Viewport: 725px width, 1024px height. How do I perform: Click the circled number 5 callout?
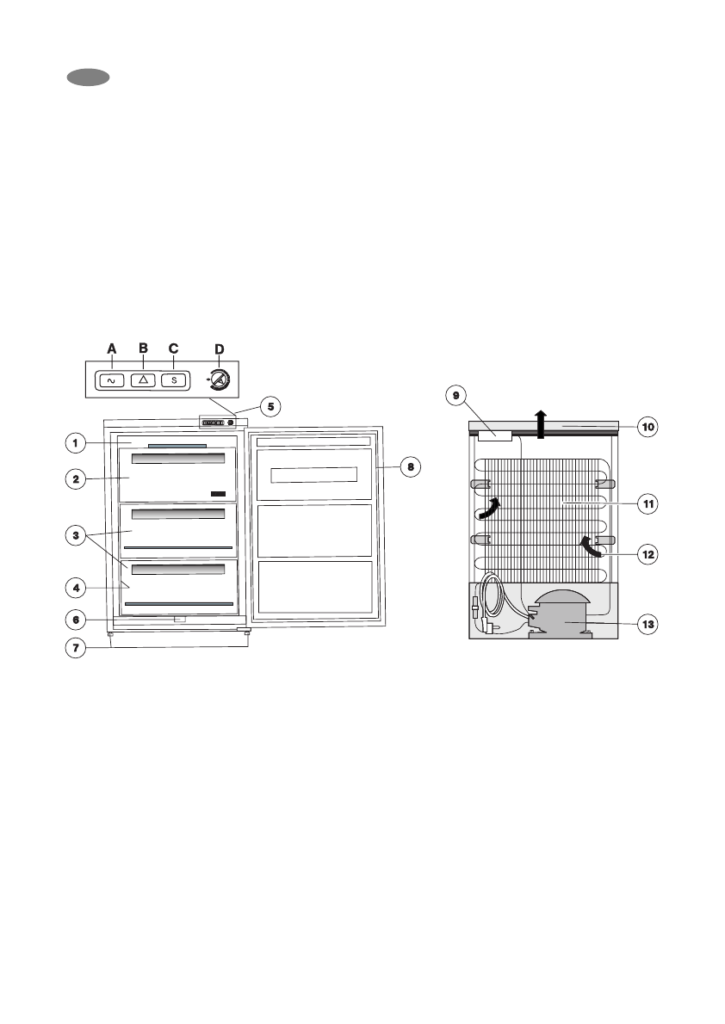click(270, 407)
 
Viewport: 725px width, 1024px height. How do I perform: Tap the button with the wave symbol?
click(111, 380)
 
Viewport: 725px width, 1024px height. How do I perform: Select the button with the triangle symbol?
click(143, 379)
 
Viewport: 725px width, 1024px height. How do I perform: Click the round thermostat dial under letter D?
click(219, 379)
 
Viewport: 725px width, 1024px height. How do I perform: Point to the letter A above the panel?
click(112, 349)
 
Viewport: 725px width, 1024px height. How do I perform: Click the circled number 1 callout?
click(76, 443)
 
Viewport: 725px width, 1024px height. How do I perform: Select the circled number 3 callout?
click(76, 535)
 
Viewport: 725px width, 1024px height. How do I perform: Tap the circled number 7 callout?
click(76, 648)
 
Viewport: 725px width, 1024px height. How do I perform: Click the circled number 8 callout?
click(411, 467)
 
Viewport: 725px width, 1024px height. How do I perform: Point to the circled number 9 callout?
click(456, 395)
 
